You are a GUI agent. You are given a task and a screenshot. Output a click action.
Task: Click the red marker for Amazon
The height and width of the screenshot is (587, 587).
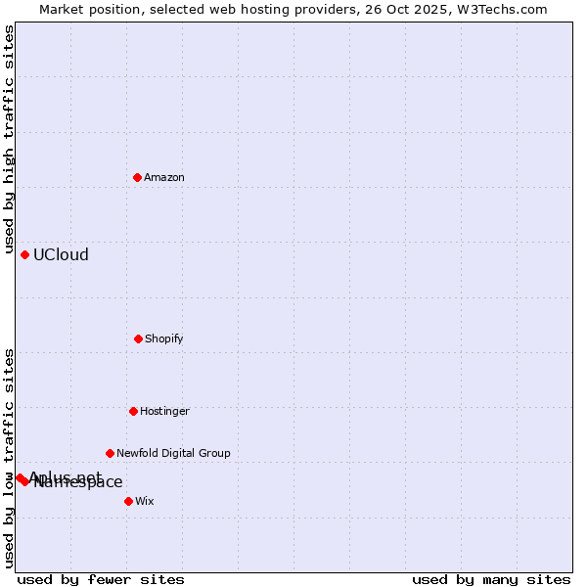(138, 177)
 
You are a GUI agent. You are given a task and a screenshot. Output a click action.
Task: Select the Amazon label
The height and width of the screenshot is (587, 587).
(164, 177)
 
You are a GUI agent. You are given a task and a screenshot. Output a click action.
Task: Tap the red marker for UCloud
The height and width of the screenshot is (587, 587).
(25, 254)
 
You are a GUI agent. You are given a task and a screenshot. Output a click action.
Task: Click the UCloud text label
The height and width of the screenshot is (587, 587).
(61, 255)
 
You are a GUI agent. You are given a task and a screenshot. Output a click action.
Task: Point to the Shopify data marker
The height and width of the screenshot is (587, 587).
(138, 339)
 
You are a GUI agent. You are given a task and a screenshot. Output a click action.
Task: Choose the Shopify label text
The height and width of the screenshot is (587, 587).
(164, 339)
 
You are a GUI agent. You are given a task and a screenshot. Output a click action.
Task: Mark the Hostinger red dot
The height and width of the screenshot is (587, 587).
(133, 411)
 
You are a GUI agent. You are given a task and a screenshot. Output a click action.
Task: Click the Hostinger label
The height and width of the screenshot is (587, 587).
(164, 411)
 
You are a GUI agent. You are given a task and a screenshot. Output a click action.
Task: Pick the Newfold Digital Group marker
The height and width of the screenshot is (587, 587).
(110, 453)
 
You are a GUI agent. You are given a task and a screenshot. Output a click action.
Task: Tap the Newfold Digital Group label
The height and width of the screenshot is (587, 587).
(173, 453)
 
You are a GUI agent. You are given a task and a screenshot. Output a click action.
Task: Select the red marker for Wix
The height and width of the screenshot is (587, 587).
(128, 501)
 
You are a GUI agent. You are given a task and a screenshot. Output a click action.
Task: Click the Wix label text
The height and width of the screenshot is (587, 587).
(145, 501)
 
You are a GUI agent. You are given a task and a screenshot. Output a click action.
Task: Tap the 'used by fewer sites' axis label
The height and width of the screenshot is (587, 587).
(101, 579)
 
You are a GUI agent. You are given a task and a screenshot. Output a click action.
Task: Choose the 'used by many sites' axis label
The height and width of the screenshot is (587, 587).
(491, 579)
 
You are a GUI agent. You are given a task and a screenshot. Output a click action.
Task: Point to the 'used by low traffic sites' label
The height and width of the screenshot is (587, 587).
(9, 458)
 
